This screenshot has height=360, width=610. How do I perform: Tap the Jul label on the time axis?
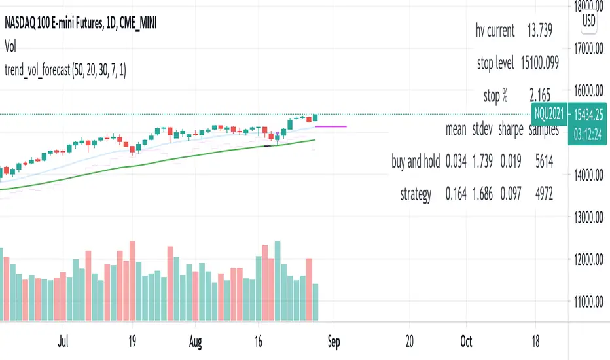pyautogui.click(x=63, y=341)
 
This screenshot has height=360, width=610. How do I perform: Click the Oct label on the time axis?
pyautogui.click(x=466, y=341)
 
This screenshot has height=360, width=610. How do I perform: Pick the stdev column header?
pyautogui.click(x=483, y=130)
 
